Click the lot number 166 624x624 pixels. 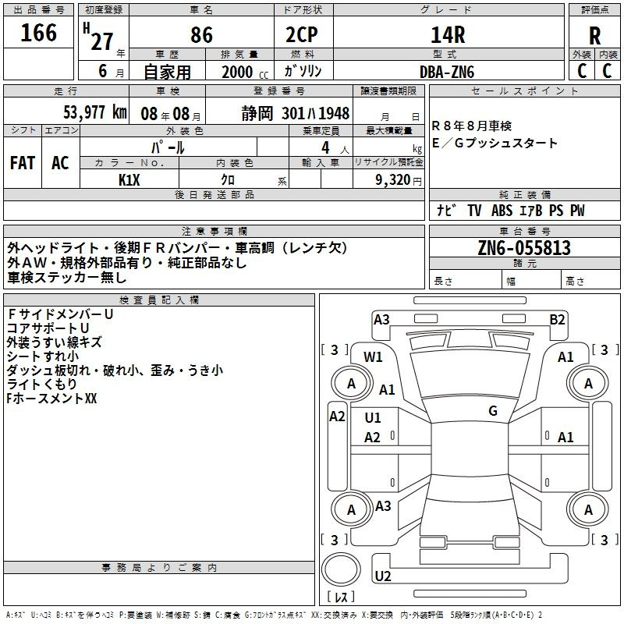tap(38, 33)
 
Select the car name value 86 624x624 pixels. tap(201, 35)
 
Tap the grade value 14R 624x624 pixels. tap(448, 35)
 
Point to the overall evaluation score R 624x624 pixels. tap(594, 36)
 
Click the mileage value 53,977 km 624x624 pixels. tap(95, 112)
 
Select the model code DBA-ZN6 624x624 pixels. tap(447, 72)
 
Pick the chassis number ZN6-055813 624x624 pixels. tap(524, 247)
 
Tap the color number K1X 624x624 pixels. tap(129, 180)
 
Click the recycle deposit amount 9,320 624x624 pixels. tap(393, 180)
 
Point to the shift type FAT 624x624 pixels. tap(23, 163)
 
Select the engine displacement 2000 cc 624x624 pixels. tap(245, 73)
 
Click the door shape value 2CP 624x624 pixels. tap(302, 35)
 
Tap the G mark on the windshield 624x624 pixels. tap(493, 411)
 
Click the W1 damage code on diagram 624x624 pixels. tap(373, 357)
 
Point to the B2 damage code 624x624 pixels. tap(557, 320)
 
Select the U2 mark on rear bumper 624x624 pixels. tap(383, 576)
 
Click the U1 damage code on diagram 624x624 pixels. tap(373, 418)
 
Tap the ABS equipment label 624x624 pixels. tap(502, 211)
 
